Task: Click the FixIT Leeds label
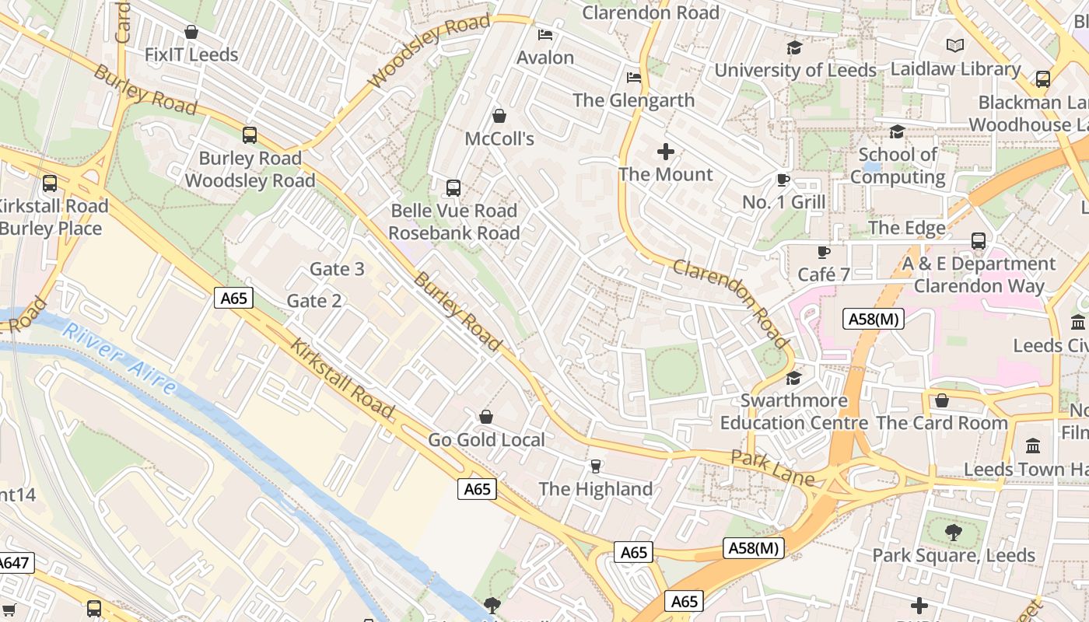tap(191, 55)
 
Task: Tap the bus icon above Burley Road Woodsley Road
tap(250, 135)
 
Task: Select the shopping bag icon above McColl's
tap(499, 116)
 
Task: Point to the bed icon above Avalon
tap(545, 35)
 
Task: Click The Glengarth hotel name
tap(633, 100)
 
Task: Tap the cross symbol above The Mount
tap(666, 152)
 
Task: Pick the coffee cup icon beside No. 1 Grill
tap(783, 180)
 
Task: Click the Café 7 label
tap(824, 274)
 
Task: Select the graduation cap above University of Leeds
tap(794, 48)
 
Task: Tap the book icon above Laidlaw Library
tap(955, 46)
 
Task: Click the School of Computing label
tap(898, 166)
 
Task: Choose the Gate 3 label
tap(337, 269)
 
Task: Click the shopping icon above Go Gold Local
tap(486, 418)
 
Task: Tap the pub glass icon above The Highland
tap(596, 466)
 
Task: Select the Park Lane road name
tap(772, 467)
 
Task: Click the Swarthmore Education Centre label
tap(793, 412)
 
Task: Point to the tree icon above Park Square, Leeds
tap(953, 533)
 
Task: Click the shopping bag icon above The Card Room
tap(942, 401)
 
